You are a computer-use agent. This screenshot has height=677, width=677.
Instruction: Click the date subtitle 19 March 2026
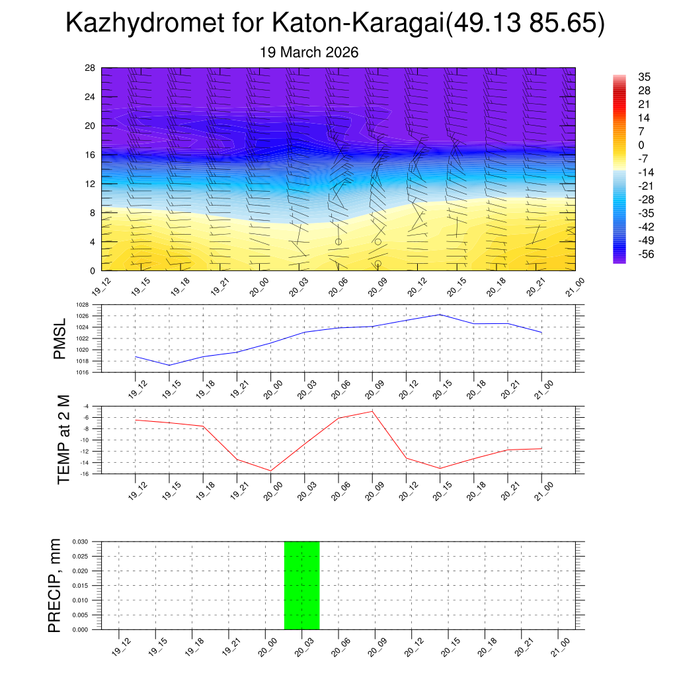(x=309, y=53)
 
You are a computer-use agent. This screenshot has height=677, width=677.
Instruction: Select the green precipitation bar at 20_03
(x=301, y=585)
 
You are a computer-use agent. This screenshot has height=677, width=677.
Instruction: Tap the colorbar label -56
(x=643, y=254)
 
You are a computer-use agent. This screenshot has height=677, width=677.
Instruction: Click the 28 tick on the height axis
(x=91, y=68)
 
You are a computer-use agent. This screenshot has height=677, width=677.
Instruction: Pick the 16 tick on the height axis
(x=91, y=155)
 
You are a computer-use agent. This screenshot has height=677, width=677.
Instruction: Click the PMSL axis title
(x=60, y=339)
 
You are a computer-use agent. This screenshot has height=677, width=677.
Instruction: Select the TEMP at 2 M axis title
(x=63, y=439)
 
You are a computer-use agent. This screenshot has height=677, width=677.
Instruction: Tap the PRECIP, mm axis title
(x=55, y=586)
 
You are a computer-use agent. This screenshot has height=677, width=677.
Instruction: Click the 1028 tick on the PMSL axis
(x=81, y=305)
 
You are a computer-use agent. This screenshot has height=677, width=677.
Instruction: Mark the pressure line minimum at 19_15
(x=169, y=365)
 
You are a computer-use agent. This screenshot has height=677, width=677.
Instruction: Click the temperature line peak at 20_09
(x=372, y=411)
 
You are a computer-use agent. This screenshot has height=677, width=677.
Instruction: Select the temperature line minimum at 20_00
(x=271, y=471)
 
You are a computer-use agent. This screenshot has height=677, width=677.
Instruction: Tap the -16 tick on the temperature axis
(x=85, y=473)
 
